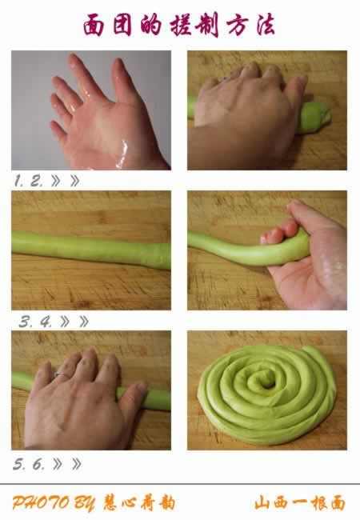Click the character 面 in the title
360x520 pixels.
[x=93, y=26]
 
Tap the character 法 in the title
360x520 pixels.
[x=265, y=25]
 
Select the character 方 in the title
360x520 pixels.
[x=237, y=26]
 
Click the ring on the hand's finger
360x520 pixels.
[x=62, y=375]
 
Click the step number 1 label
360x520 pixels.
[x=18, y=181]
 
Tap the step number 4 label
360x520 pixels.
[x=46, y=322]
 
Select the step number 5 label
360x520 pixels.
[x=18, y=464]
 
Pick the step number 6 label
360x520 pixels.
[x=38, y=464]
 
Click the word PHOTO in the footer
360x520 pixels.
[x=41, y=503]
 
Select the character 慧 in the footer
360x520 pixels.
[x=111, y=503]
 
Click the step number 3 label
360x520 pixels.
[x=25, y=322]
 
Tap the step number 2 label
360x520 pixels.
[x=37, y=181]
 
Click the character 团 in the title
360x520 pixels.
[x=122, y=26]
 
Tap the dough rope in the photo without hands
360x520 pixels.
[x=91, y=250]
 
